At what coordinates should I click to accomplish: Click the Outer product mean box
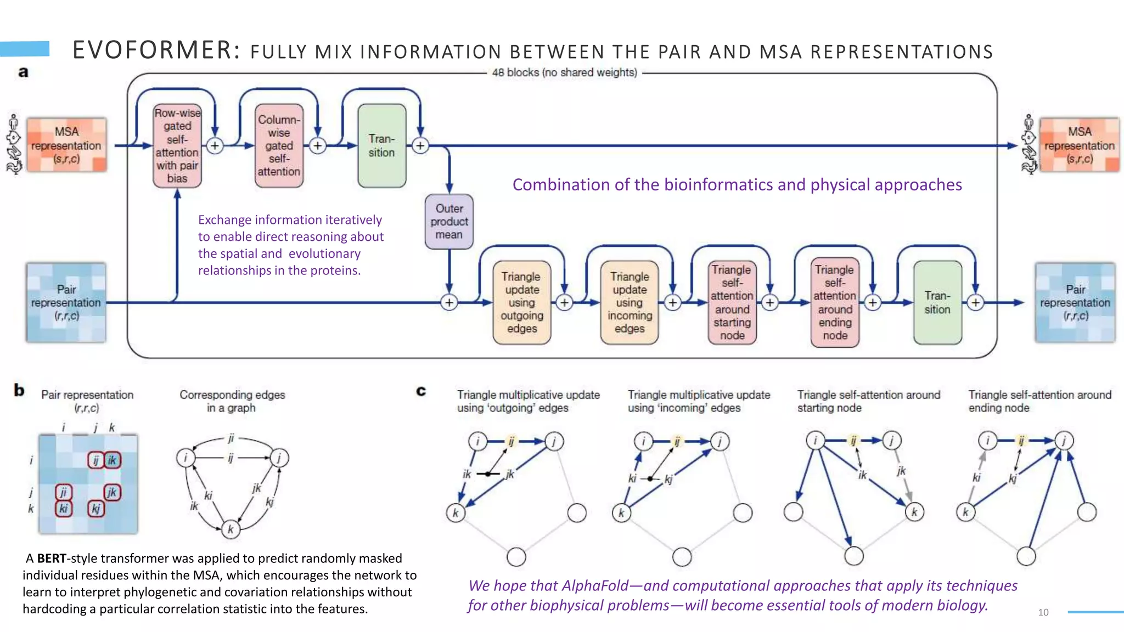tap(449, 222)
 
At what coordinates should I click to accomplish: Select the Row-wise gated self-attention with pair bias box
tap(177, 146)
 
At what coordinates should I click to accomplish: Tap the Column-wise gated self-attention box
tap(279, 146)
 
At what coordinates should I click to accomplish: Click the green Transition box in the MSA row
tap(381, 146)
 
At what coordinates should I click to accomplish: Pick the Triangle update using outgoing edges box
tap(521, 302)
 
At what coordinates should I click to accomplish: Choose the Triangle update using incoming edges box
tap(629, 302)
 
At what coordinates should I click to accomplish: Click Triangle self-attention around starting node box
tap(732, 302)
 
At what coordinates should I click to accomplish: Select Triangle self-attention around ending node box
tap(835, 302)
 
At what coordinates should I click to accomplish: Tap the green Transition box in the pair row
tap(937, 302)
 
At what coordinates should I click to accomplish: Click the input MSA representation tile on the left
tap(66, 145)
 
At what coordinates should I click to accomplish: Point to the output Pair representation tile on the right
tap(1075, 302)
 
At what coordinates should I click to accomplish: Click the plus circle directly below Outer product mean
tap(449, 302)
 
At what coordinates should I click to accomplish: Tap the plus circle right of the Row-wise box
tap(215, 146)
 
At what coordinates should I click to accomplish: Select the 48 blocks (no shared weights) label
tap(564, 72)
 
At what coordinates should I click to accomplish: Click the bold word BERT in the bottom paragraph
tap(52, 558)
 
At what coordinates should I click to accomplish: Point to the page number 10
tap(1043, 612)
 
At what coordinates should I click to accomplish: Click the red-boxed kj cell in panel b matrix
tap(96, 509)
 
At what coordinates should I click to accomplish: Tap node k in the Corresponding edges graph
tap(231, 529)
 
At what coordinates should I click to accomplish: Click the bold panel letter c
tap(421, 391)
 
